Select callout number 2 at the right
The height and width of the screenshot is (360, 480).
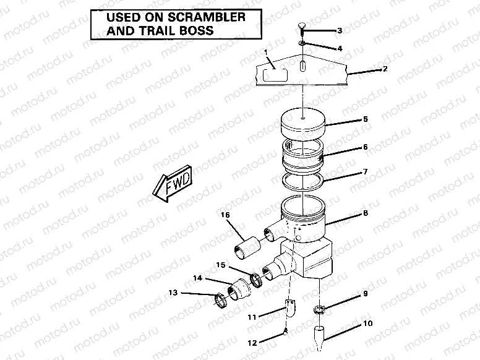pos(385,69)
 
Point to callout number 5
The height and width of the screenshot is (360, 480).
pos(365,118)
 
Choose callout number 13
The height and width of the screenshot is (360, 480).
pos(173,292)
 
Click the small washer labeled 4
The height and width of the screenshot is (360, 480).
pos(301,44)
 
